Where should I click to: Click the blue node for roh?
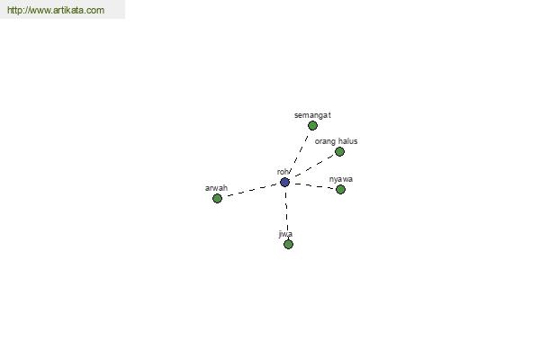pos(284,182)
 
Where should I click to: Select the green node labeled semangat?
pos(312,126)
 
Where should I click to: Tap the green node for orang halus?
pos(339,151)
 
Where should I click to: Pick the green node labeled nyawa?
pos(340,190)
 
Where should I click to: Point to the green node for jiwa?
pos(288,244)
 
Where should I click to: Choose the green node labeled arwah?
pos(217,198)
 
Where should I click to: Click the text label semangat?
pos(312,115)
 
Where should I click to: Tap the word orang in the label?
pos(325,141)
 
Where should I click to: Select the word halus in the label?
pos(347,141)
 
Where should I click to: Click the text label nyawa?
pos(340,179)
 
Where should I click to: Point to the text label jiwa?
pos(285,234)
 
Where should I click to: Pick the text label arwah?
pos(216,188)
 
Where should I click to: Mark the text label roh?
pos(283,172)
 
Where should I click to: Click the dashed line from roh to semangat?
pos(301,149)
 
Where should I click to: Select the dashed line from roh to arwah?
pos(252,190)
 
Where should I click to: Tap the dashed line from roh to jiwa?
pos(286,211)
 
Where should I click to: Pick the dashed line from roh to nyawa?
pos(314,186)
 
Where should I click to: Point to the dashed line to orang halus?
pos(314,166)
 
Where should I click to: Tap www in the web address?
pos(39,10)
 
